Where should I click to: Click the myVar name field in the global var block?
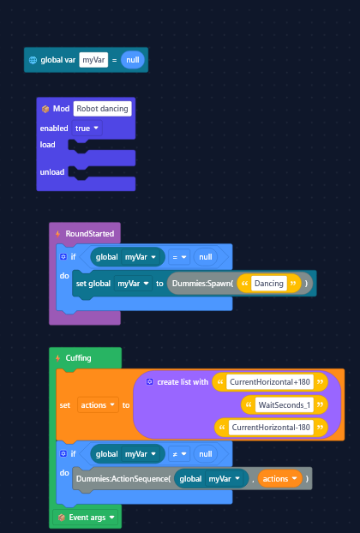coord(93,60)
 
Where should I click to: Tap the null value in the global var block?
coord(133,60)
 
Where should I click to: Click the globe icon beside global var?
coord(33,60)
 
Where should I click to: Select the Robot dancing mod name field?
coord(102,109)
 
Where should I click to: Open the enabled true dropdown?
coord(87,129)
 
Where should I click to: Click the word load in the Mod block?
coord(48,145)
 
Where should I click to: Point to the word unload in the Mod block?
coord(52,172)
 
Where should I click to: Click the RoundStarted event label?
coord(90,234)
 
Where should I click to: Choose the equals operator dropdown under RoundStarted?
coord(179,257)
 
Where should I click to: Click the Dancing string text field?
coord(269,284)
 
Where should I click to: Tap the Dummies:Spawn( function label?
coord(202,284)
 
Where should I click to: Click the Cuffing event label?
coord(78,358)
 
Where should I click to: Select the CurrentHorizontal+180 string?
coord(270,382)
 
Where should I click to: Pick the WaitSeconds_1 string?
coord(285,404)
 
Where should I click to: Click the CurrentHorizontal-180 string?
coord(271,428)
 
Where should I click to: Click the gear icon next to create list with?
coord(150,381)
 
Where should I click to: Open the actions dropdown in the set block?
coord(99,404)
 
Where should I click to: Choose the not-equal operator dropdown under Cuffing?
coord(179,454)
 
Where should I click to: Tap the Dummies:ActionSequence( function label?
coord(123,479)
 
